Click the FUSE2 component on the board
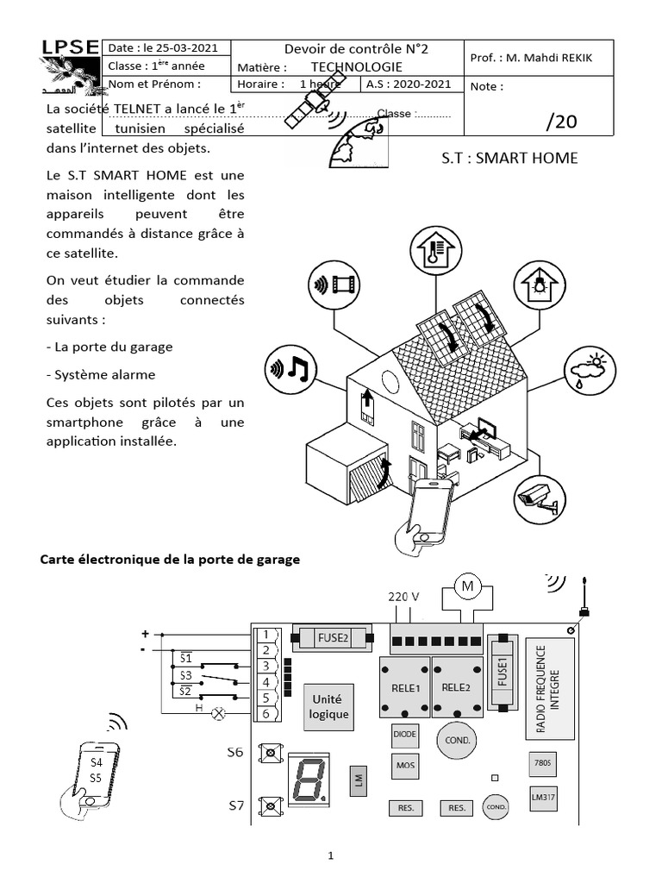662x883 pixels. tap(333, 639)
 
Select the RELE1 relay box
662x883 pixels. tap(405, 686)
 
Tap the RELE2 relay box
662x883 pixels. tap(455, 686)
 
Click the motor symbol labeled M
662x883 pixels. tap(469, 587)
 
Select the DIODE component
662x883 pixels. tap(405, 734)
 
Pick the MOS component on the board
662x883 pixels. tap(405, 765)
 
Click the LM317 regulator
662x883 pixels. tap(543, 797)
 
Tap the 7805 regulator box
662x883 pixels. tap(543, 762)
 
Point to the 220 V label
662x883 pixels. tap(403, 597)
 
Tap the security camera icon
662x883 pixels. tap(540, 498)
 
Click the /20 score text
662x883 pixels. tap(561, 121)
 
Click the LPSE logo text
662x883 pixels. tap(69, 48)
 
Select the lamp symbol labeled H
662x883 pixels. tap(219, 713)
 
